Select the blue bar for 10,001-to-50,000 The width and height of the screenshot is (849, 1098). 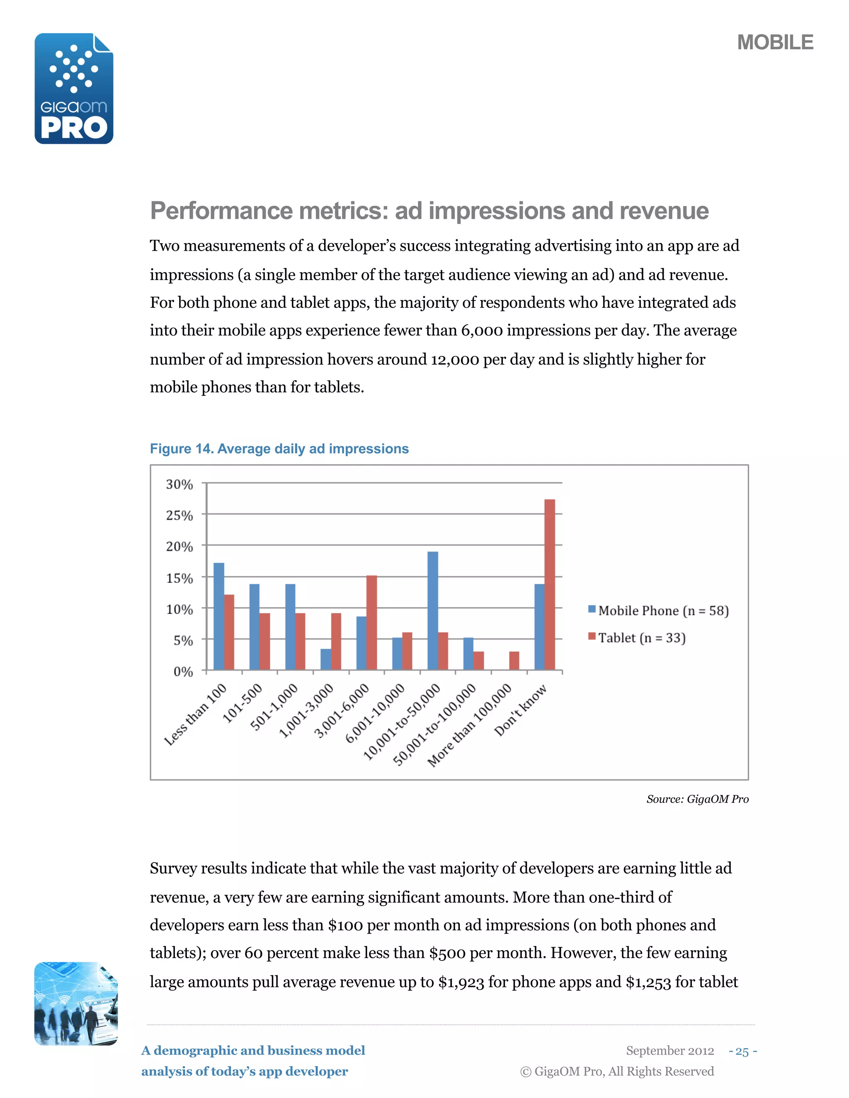tap(432, 610)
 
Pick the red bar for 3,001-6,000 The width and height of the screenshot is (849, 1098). tap(372, 622)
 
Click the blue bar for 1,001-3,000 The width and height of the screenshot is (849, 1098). tap(326, 659)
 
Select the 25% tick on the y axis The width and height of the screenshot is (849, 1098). tap(180, 515)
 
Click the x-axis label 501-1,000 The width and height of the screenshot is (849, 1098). tap(274, 707)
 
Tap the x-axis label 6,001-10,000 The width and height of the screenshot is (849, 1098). tap(375, 713)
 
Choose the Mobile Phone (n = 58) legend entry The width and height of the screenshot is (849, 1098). tap(658, 610)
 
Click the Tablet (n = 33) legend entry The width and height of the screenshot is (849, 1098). tap(637, 638)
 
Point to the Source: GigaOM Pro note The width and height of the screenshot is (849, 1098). tap(697, 799)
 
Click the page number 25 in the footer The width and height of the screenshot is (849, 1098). tap(742, 1051)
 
